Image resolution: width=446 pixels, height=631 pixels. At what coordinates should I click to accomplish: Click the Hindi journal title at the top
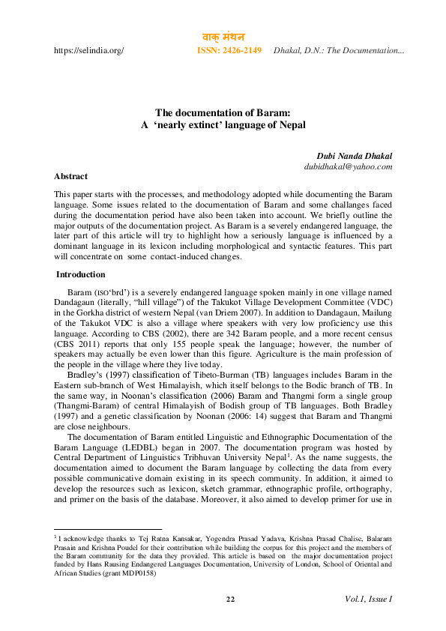point(224,37)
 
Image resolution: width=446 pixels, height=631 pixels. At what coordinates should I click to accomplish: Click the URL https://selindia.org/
point(88,50)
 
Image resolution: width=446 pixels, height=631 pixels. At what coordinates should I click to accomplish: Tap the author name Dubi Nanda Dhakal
point(355,156)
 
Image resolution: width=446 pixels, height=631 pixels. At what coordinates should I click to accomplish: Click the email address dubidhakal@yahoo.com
point(348,166)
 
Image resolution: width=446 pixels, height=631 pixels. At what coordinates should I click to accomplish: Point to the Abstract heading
point(70,176)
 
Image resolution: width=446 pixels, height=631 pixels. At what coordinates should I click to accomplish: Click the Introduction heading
point(81,274)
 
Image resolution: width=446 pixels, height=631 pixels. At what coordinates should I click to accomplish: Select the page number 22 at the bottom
point(230,598)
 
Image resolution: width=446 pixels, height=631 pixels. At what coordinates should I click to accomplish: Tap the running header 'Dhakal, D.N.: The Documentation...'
point(339,50)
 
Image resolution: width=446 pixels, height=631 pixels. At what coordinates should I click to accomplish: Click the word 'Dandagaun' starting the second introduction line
point(77,301)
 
